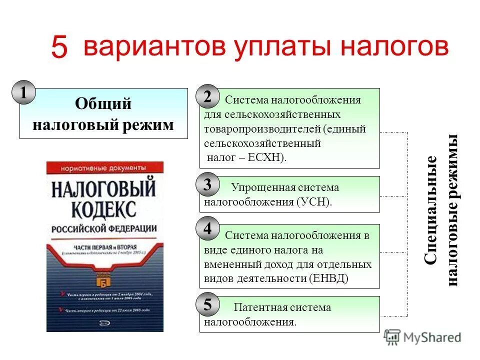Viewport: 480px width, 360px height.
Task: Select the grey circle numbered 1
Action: tap(23, 92)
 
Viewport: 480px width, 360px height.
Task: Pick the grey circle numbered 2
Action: tap(207, 97)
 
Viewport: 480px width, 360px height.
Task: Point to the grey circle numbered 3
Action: tap(207, 185)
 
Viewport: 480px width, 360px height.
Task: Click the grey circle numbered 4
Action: tap(207, 229)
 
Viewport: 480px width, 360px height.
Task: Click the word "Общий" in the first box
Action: tap(103, 104)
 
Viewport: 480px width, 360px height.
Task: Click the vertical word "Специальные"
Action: tap(431, 210)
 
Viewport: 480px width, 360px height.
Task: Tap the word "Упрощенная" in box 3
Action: tap(261, 187)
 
